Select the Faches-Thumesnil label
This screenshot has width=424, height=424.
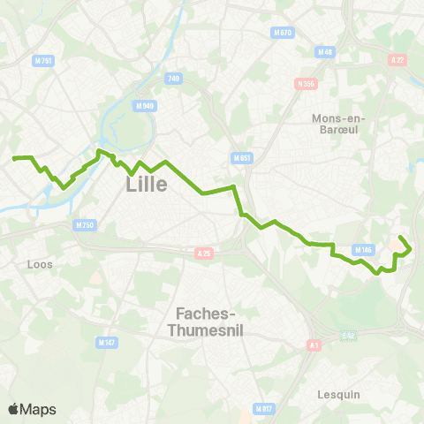click(211, 321)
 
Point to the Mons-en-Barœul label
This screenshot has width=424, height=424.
click(339, 124)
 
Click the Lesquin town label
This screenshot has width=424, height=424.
click(339, 395)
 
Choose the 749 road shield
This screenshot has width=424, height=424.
click(173, 79)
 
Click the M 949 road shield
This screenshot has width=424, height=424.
click(145, 106)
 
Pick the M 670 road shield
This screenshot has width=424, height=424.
click(282, 33)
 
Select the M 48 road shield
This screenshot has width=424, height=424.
click(326, 52)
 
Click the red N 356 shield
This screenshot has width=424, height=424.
click(307, 84)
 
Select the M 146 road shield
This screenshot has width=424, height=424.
click(363, 250)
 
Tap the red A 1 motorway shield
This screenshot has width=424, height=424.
click(314, 345)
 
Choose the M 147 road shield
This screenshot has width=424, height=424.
click(107, 342)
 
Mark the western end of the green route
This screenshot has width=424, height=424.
click(14, 158)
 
